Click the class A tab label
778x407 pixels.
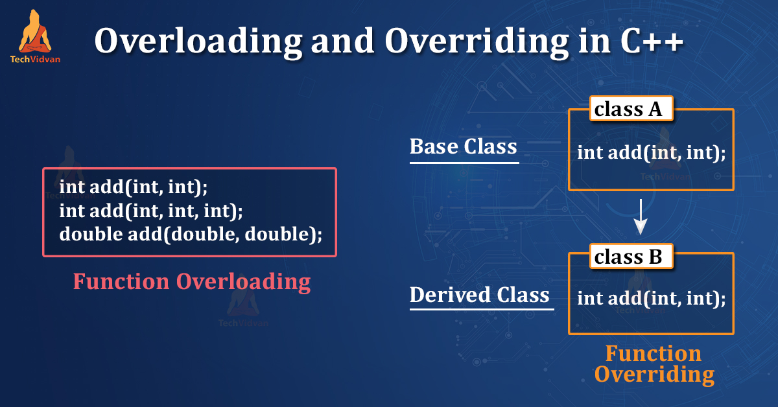[628, 109]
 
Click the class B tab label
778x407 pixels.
[628, 257]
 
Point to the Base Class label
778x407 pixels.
[463, 146]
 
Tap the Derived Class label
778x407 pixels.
[479, 295]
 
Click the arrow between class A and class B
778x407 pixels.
[641, 217]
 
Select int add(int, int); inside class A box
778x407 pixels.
[651, 153]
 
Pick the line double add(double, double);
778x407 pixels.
[191, 234]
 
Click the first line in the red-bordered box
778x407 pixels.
[134, 187]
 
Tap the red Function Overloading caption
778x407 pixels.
[191, 281]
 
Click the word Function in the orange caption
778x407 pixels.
[653, 353]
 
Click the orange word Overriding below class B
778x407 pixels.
[654, 375]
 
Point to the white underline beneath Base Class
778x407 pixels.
[464, 162]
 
